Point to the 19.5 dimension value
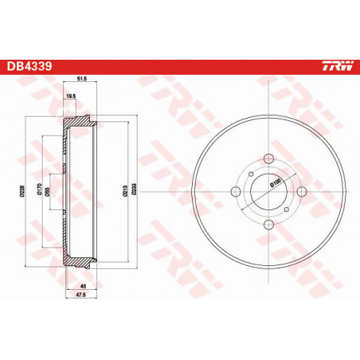tap(70, 96)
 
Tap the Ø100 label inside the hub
tap(275, 183)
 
